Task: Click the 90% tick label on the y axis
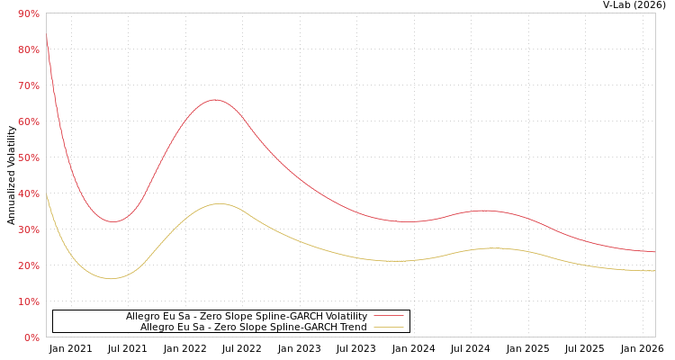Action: [x=28, y=13]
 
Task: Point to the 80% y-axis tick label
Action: [x=28, y=49]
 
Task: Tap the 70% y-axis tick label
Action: [x=28, y=85]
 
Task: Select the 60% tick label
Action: [x=28, y=121]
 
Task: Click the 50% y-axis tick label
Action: [x=28, y=157]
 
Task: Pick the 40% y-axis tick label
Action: [x=28, y=193]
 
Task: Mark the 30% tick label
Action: [x=28, y=229]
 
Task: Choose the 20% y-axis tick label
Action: [x=28, y=265]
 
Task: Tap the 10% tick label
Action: [x=28, y=301]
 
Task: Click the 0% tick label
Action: [x=31, y=337]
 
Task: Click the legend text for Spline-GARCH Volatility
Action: [x=246, y=316]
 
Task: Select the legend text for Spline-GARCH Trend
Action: [x=253, y=327]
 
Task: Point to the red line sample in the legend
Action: [x=389, y=316]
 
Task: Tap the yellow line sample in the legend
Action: [x=389, y=327]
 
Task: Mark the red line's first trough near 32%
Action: [x=113, y=221]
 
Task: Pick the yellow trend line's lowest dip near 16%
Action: [x=112, y=279]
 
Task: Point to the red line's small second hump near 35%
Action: [x=484, y=211]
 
